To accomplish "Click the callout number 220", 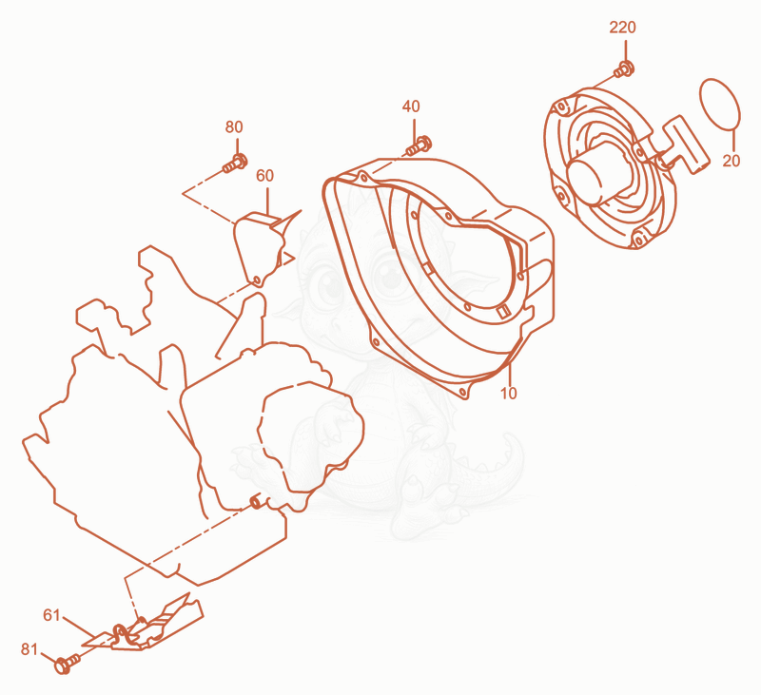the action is (622, 28).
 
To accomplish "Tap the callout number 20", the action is (731, 161).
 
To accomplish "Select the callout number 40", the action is (411, 106).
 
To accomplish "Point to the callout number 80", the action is (234, 127).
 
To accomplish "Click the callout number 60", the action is (265, 176).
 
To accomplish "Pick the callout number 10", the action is (509, 394).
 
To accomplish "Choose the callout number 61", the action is (51, 615).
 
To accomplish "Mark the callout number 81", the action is (29, 649).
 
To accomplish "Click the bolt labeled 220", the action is (624, 69).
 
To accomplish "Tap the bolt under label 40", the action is (419, 145).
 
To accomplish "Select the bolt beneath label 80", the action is (235, 163).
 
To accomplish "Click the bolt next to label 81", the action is (68, 663).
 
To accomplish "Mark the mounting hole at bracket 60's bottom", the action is (257, 280).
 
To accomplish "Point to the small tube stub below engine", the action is (255, 502).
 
